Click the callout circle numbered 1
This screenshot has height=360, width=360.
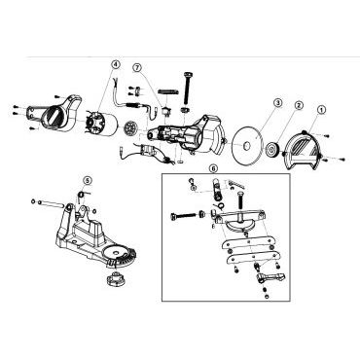pyautogui.click(x=321, y=110)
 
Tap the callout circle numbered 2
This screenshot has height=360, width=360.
pyautogui.click(x=299, y=105)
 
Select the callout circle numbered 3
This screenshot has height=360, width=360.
pyautogui.click(x=278, y=103)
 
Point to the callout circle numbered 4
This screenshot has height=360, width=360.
pyautogui.click(x=116, y=65)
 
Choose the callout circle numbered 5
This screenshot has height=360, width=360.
pyautogui.click(x=88, y=179)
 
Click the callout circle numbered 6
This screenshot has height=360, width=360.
pyautogui.click(x=213, y=168)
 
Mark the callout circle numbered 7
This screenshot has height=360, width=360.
pyautogui.click(x=137, y=68)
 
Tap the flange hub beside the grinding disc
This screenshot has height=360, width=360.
pyautogui.click(x=270, y=150)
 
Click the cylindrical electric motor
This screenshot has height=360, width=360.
pyautogui.click(x=103, y=124)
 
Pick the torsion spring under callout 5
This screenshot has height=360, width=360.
pyautogui.click(x=81, y=195)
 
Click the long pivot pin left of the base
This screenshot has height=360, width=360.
pyautogui.click(x=51, y=203)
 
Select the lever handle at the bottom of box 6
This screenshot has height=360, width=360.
pyautogui.click(x=270, y=277)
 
